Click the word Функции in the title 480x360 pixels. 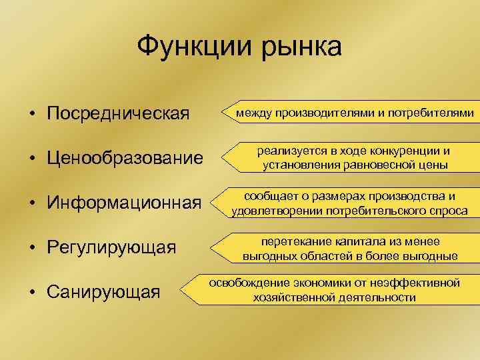tap(187, 47)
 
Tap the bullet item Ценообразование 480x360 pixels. tap(125, 159)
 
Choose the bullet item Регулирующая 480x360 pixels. tap(111, 247)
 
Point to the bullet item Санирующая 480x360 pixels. tap(103, 291)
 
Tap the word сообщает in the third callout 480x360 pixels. tap(270, 197)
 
